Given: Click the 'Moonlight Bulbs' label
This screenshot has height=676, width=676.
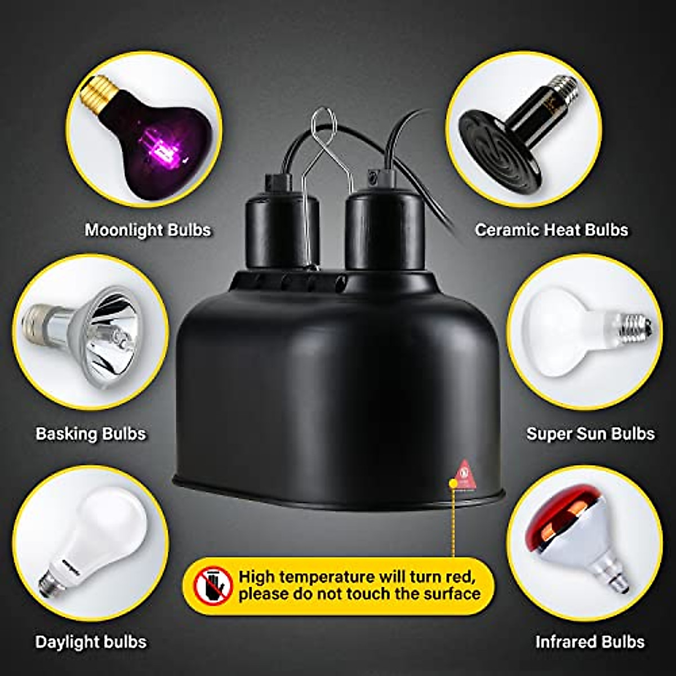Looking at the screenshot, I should [148, 230].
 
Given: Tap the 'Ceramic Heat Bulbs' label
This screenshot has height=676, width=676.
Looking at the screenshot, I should [551, 230].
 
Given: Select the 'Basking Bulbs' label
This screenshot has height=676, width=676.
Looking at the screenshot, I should [91, 434].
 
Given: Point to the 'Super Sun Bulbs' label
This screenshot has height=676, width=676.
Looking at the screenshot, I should [590, 434].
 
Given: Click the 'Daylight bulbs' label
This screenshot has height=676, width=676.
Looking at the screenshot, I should [91, 642].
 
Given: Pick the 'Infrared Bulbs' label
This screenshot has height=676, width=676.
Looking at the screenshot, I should [590, 642].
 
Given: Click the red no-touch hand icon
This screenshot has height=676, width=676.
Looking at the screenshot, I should [213, 585].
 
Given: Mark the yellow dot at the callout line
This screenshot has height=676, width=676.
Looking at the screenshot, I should [452, 483].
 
